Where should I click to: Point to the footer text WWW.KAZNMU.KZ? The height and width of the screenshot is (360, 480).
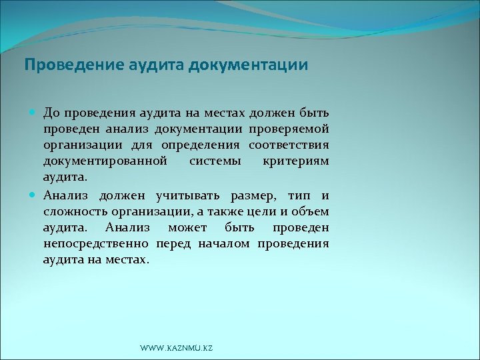click(177, 349)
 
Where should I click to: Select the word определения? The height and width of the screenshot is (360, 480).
click(203, 145)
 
